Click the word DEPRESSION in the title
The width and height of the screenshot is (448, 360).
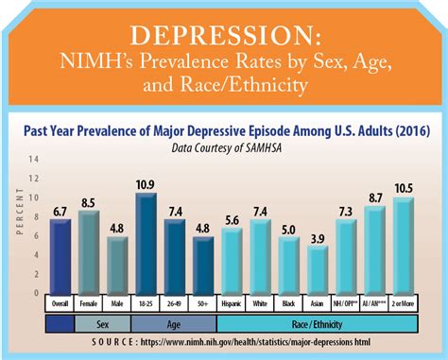coord(224,35)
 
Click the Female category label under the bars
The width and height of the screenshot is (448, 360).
coord(89,303)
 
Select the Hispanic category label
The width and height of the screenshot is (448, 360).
coord(233,303)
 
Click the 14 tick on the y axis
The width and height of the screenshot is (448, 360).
coord(35,160)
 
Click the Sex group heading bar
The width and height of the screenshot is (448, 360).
coord(103,322)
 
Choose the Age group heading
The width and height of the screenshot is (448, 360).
coord(175,322)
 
